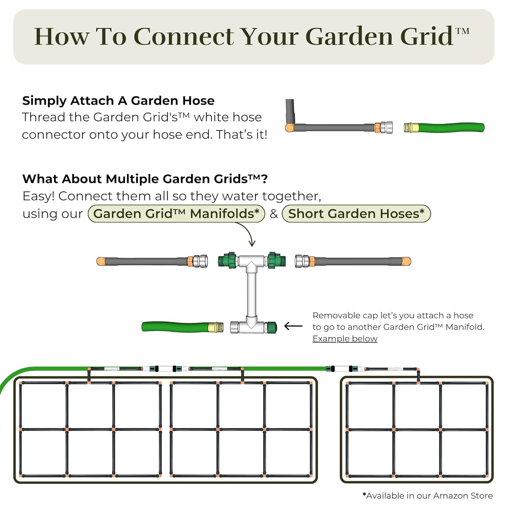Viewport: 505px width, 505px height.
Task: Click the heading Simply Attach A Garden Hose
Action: click(x=118, y=101)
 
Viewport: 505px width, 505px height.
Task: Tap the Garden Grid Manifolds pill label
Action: click(x=176, y=214)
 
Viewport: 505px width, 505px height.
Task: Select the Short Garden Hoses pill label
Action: click(x=356, y=214)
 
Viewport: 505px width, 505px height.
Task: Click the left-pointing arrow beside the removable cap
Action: click(x=293, y=326)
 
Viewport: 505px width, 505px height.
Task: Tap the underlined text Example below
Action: click(x=345, y=339)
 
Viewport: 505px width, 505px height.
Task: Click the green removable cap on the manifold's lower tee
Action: click(x=271, y=327)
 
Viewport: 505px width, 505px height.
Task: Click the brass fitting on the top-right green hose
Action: click(x=411, y=128)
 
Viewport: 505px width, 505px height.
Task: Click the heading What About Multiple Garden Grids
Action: click(x=145, y=179)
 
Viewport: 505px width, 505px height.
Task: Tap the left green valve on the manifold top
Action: click(x=227, y=260)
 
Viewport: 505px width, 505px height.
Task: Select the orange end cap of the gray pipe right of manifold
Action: click(x=406, y=261)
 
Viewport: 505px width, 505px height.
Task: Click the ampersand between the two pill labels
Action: click(x=274, y=214)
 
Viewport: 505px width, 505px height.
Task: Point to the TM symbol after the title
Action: click(x=462, y=31)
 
